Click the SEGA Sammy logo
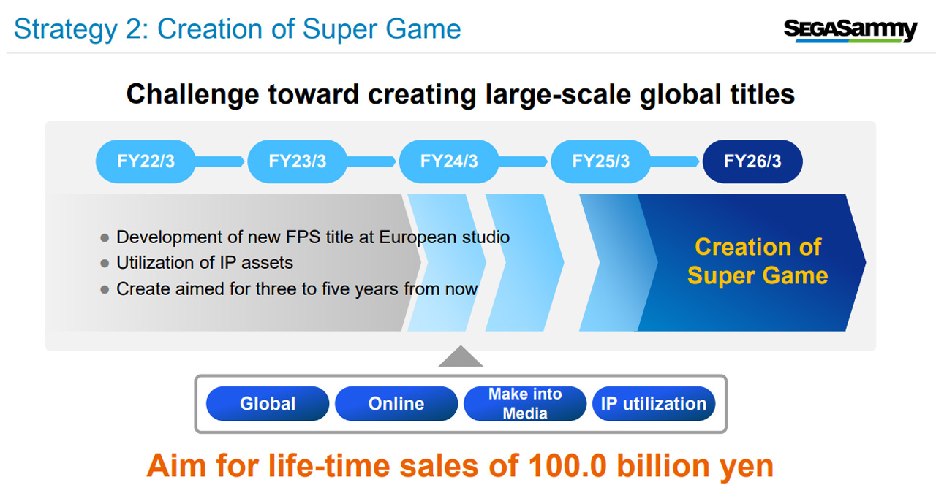point(850,31)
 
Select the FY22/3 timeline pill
point(146,161)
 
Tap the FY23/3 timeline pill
point(297,161)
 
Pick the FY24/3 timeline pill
point(449,161)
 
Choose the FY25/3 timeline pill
point(600,161)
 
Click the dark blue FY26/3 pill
point(752,161)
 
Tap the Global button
point(268,404)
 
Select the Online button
point(396,404)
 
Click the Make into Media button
point(525,404)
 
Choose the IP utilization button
point(654,404)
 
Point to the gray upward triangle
point(461,358)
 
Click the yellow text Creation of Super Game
point(758,261)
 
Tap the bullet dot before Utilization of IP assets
point(105,264)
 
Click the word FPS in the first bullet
point(303,237)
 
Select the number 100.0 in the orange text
point(567,466)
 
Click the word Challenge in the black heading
point(192,95)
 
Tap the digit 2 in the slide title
point(134,29)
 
